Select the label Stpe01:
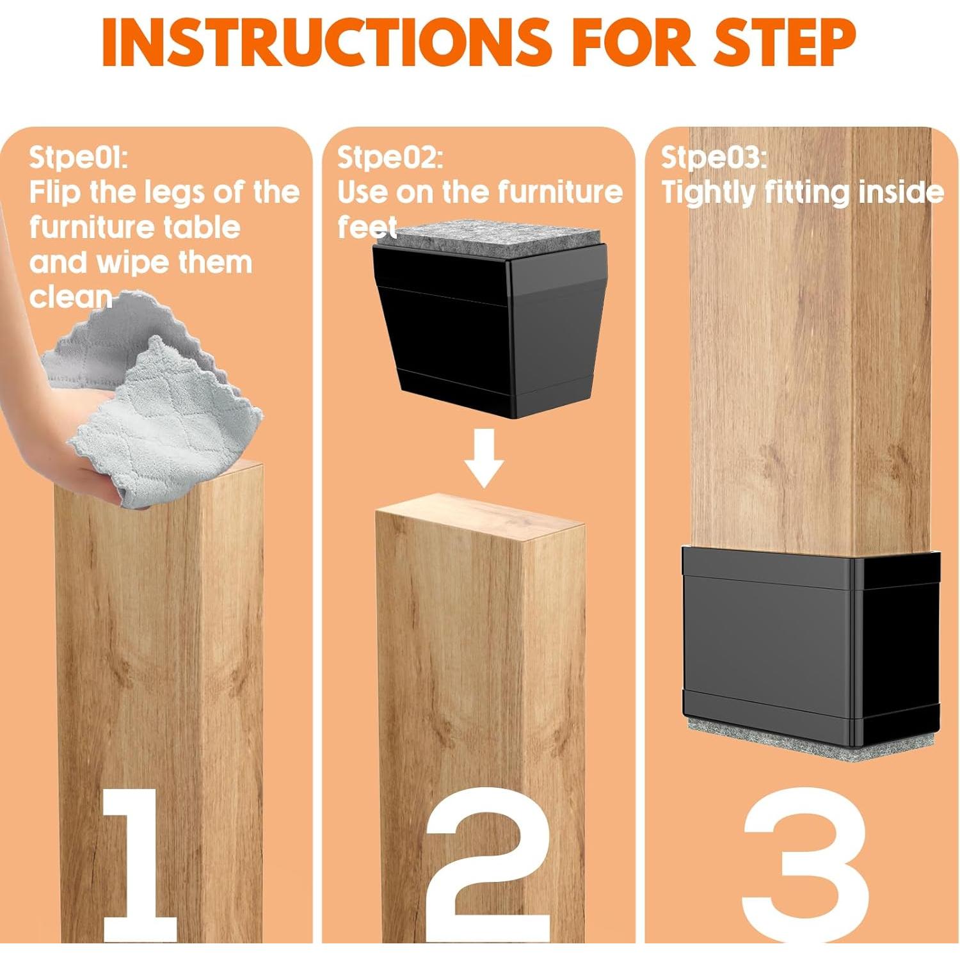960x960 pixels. (x=78, y=157)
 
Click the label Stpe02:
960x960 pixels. (x=390, y=157)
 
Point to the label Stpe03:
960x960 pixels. (x=714, y=157)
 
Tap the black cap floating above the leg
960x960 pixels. (x=490, y=333)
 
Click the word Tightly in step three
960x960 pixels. (x=708, y=193)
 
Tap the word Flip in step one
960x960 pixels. (x=55, y=193)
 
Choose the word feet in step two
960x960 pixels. (x=367, y=228)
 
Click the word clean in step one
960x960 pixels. (x=70, y=297)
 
